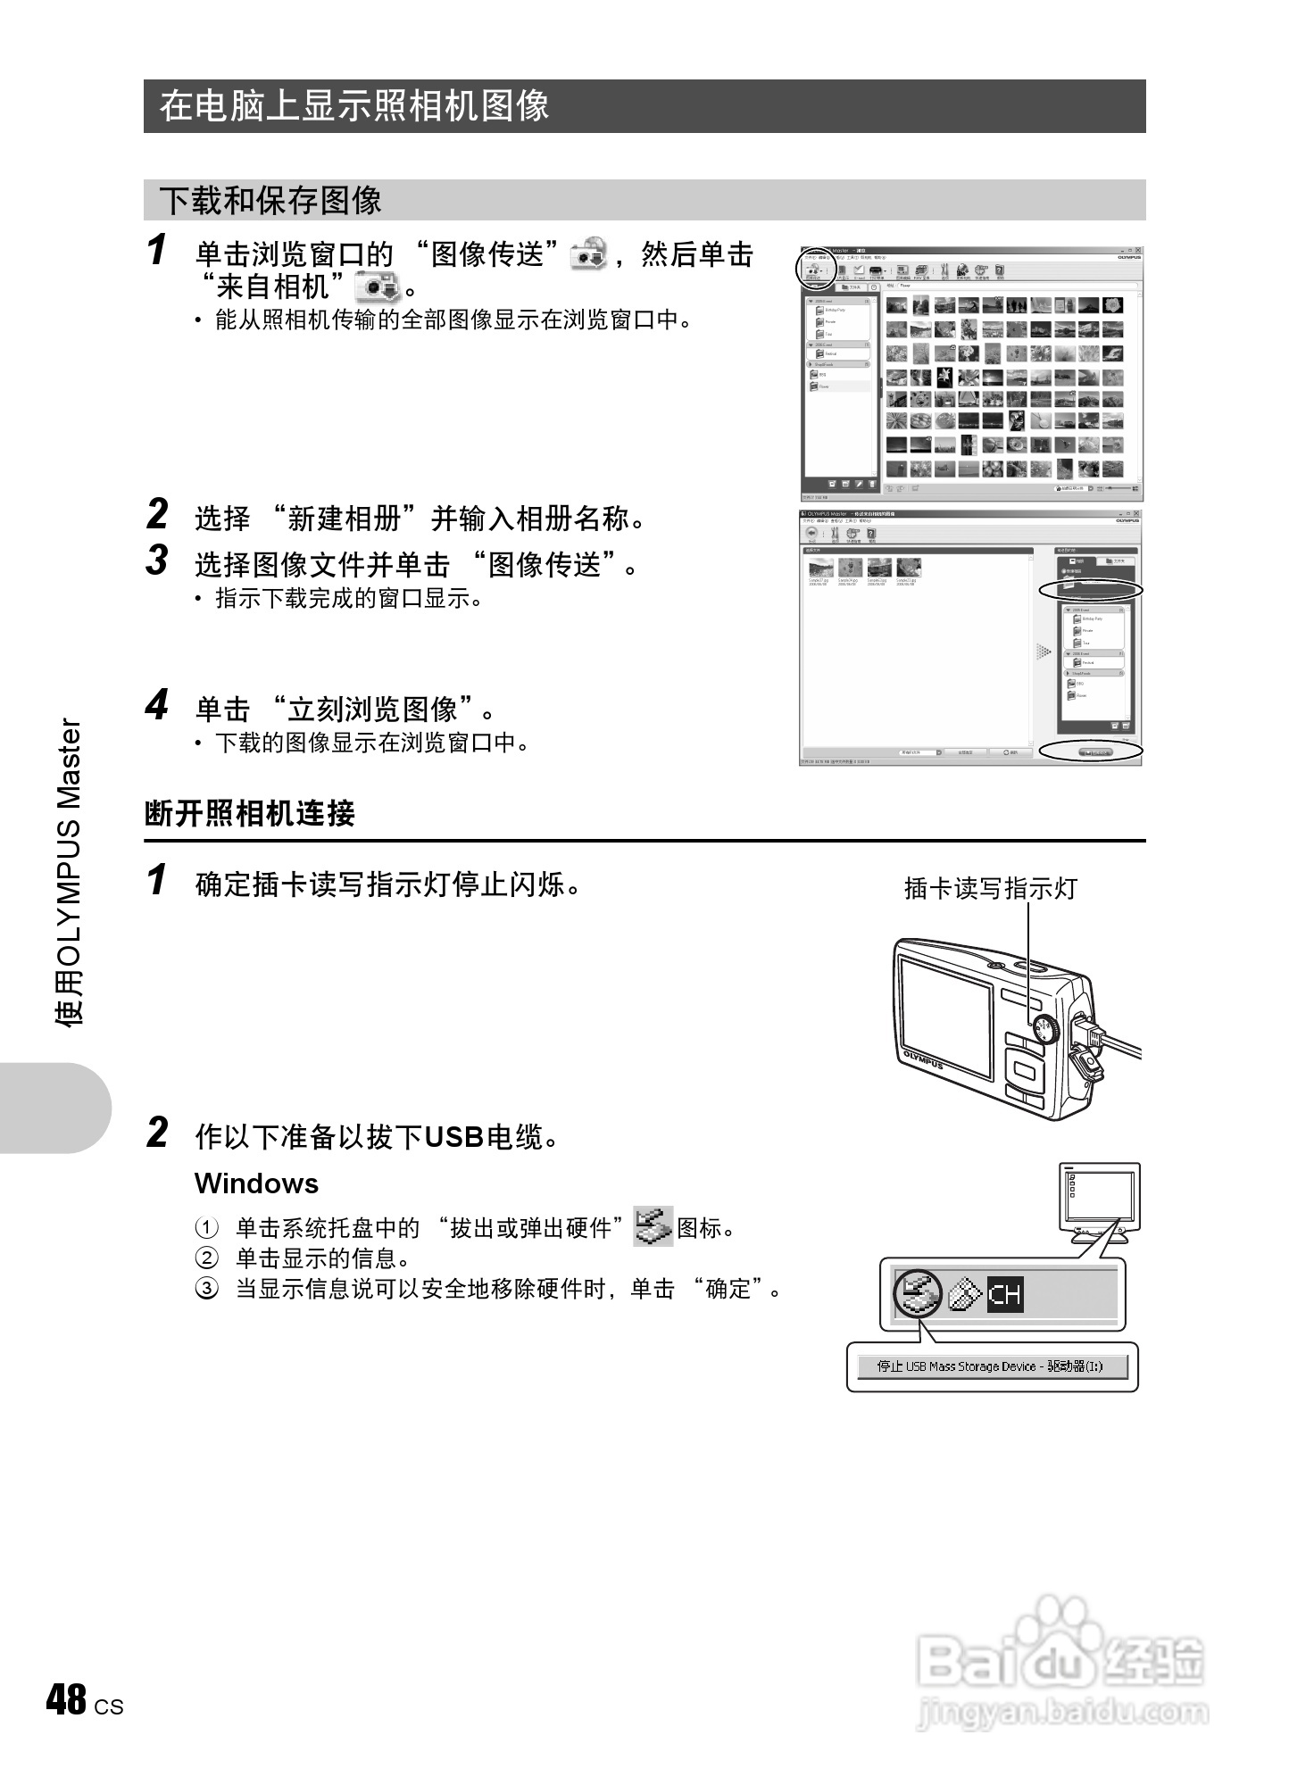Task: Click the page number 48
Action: point(66,1700)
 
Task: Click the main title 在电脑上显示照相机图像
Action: point(353,106)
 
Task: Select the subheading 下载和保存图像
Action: point(270,200)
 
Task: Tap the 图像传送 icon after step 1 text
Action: point(589,254)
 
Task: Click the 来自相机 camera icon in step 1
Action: point(378,287)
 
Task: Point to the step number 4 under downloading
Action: point(157,705)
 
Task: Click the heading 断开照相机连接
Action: point(250,813)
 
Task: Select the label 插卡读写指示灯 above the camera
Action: point(990,888)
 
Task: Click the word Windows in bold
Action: point(256,1183)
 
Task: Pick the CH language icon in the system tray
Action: point(1005,1294)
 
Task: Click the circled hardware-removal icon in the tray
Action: point(918,1293)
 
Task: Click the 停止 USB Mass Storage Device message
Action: point(991,1366)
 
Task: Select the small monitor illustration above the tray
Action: point(1099,1200)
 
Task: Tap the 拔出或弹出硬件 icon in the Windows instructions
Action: point(653,1226)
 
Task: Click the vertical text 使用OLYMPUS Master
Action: point(70,871)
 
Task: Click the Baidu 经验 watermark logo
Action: point(1062,1665)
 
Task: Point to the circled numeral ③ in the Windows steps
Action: point(206,1289)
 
